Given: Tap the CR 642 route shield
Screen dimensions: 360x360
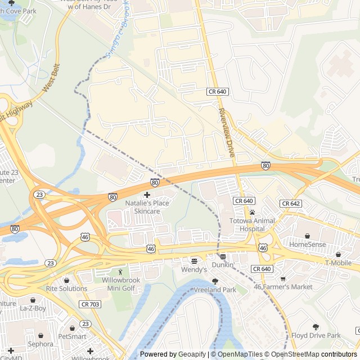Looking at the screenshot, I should click(290, 203).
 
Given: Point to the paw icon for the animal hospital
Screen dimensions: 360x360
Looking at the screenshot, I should click(252, 212).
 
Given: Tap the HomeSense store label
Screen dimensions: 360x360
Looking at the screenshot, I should click(307, 245).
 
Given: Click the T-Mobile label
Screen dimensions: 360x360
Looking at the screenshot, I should click(338, 263).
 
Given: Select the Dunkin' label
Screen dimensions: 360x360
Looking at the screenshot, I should click(223, 264).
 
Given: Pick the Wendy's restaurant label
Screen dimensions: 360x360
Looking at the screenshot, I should click(195, 270).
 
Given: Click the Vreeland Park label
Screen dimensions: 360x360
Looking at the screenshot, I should click(214, 290).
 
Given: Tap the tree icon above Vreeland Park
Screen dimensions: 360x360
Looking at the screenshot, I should click(214, 281).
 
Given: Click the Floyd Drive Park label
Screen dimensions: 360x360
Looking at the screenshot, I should click(316, 335).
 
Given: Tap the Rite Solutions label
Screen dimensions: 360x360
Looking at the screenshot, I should click(66, 289).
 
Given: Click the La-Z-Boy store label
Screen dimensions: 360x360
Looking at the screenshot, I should click(33, 309).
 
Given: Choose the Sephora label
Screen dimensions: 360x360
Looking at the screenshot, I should click(40, 344).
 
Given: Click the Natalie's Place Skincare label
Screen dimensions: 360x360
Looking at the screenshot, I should click(147, 206).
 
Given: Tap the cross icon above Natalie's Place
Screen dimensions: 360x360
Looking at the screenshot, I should click(147, 194).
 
